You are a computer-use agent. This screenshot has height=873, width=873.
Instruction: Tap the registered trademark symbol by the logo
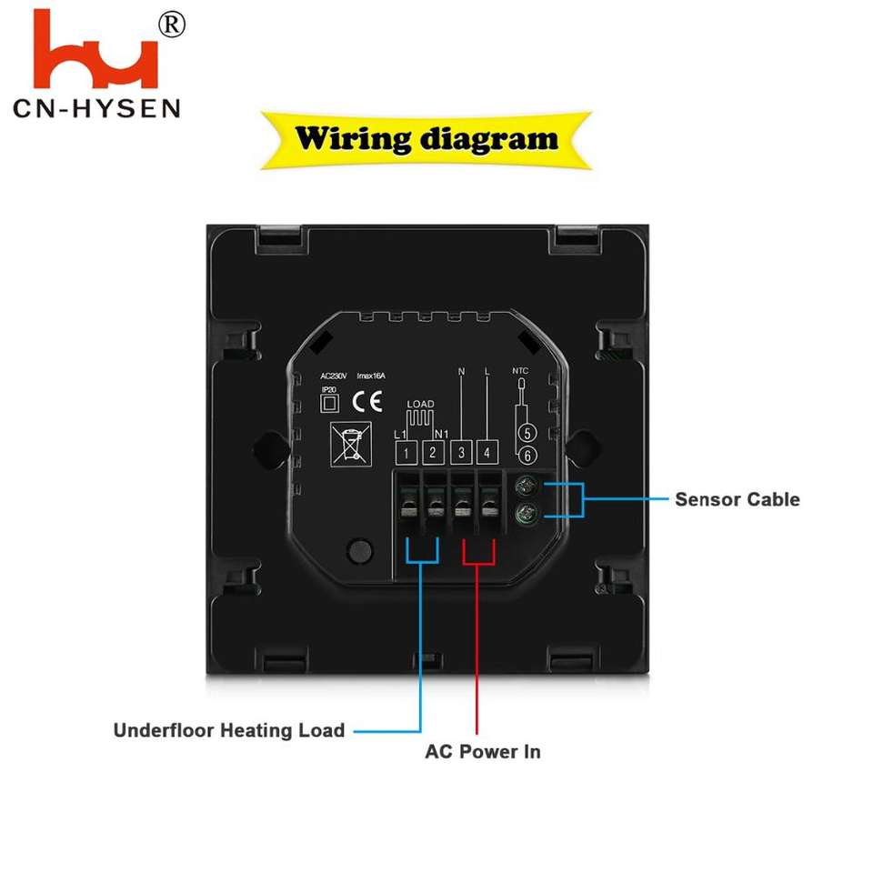click(171, 25)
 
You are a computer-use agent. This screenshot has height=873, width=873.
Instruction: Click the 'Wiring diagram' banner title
click(426, 140)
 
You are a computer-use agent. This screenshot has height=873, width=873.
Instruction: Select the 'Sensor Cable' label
click(737, 499)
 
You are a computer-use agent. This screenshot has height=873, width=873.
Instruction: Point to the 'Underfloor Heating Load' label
click(229, 730)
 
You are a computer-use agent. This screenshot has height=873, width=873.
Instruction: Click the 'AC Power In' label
click(483, 752)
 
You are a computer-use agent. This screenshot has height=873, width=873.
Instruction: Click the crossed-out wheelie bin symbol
click(347, 443)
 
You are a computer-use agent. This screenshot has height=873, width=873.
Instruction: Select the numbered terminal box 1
click(408, 452)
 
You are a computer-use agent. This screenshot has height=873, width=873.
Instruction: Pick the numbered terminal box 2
click(434, 452)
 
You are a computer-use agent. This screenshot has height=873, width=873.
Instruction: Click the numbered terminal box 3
click(461, 452)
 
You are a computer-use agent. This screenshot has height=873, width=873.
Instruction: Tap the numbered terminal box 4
click(487, 452)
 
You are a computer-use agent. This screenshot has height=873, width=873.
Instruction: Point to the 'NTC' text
click(520, 371)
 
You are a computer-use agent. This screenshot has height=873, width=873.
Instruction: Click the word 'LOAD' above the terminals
click(420, 404)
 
